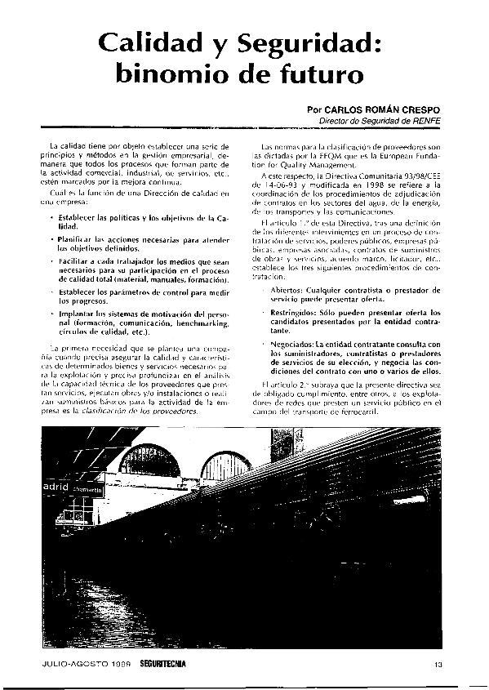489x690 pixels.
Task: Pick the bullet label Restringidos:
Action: tap(296, 313)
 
